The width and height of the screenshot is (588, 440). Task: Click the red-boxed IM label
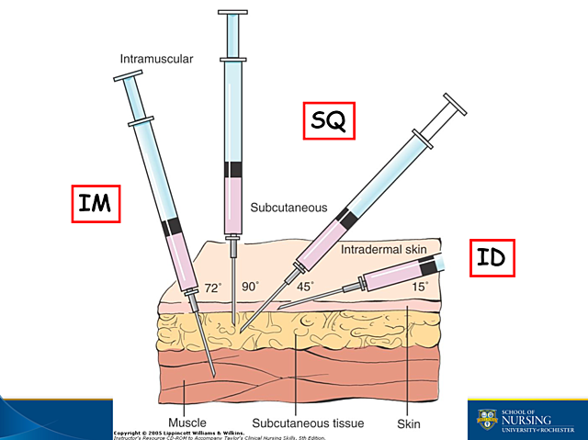pyautogui.click(x=95, y=203)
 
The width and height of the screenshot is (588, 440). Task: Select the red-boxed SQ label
pyautogui.click(x=329, y=120)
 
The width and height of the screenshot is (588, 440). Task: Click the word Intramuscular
pyautogui.click(x=156, y=61)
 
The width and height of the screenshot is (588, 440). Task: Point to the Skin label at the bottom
pyautogui.click(x=408, y=423)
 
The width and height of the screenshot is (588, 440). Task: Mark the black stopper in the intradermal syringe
pyautogui.click(x=426, y=268)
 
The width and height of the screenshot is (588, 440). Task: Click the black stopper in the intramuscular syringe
pyautogui.click(x=172, y=227)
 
